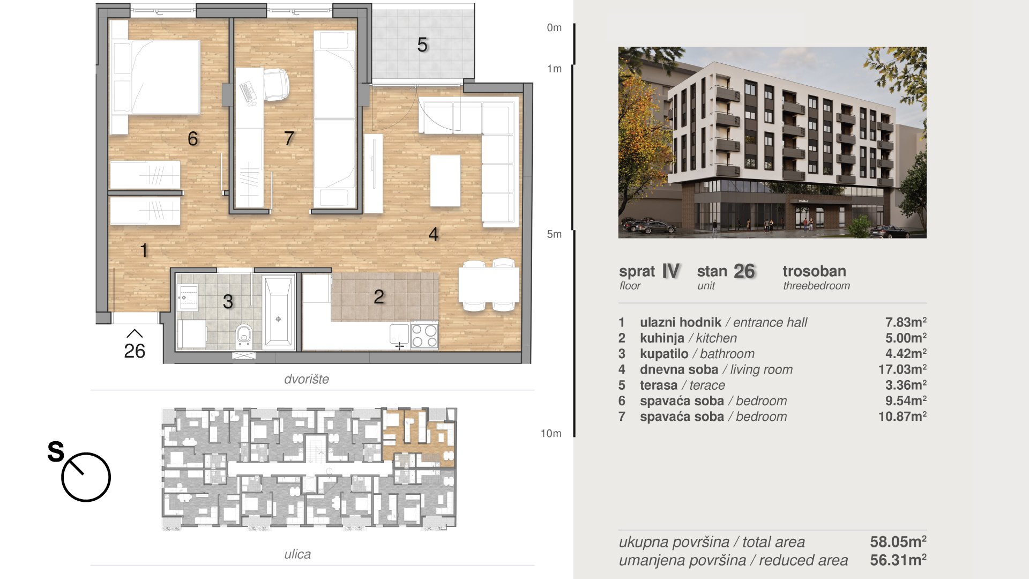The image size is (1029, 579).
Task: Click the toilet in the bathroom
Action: click(x=244, y=336)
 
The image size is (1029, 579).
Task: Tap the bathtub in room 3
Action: click(x=279, y=312)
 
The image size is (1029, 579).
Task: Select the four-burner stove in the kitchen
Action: click(x=424, y=336)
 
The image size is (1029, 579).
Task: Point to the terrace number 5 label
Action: click(x=422, y=45)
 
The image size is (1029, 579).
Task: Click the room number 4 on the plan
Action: click(x=434, y=234)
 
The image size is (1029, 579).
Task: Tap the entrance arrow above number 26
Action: click(x=135, y=333)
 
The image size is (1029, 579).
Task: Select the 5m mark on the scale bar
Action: click(x=554, y=234)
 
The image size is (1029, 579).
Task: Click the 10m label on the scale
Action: click(x=551, y=434)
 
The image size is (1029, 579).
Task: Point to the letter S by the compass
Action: click(x=56, y=451)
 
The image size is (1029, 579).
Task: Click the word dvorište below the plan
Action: click(x=307, y=379)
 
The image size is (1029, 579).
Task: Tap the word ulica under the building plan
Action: click(x=297, y=554)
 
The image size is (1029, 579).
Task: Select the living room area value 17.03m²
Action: click(x=902, y=369)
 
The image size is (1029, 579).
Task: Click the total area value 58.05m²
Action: click(x=898, y=542)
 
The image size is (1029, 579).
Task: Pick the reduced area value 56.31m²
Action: click(x=898, y=560)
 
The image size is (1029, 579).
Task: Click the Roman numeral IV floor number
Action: click(x=671, y=271)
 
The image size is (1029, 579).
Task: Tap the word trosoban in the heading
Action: click(x=814, y=271)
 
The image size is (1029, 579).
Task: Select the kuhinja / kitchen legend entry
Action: click(x=688, y=338)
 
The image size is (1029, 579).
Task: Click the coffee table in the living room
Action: click(x=445, y=181)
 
